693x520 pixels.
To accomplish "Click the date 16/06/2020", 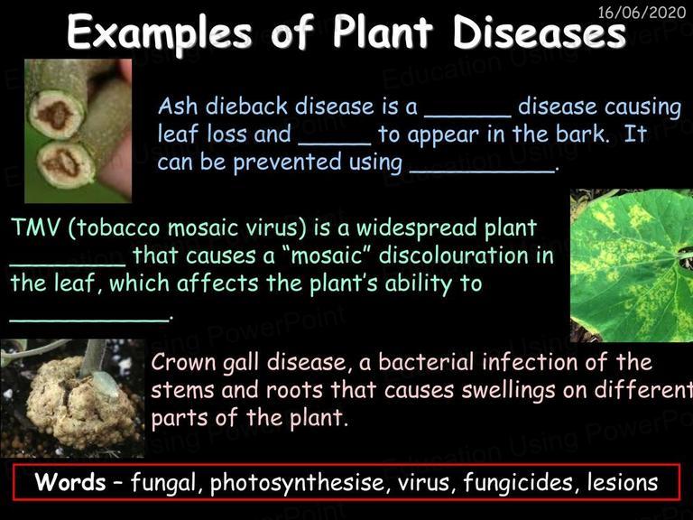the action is (642, 12).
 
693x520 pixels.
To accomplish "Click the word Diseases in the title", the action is (540, 32).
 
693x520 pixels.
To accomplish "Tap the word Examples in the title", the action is (160, 33).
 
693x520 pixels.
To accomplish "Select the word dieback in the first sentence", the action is (246, 107).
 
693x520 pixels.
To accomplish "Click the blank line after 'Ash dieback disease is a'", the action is (467, 116).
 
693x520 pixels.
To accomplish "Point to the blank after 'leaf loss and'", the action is (335, 144).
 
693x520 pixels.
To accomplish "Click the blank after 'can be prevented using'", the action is (482, 172).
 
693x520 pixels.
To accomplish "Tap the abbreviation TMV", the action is (35, 227).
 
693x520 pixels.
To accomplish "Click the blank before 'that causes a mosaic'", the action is (68, 265).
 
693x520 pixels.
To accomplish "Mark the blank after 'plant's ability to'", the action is (88, 320).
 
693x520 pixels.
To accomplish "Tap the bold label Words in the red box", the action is (70, 481).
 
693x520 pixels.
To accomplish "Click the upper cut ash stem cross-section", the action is (56, 114).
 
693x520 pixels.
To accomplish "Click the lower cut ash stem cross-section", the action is (65, 163).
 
